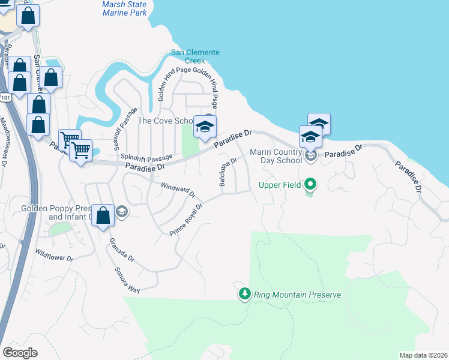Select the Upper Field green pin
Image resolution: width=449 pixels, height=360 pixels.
point(310,183)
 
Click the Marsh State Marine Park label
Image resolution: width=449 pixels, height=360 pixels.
point(124,8)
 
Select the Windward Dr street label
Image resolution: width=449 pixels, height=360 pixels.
point(179,191)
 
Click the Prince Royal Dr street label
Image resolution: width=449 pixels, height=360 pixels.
point(187,220)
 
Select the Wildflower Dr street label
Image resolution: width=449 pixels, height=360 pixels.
point(54,256)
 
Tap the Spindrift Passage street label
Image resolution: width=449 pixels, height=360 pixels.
point(142,157)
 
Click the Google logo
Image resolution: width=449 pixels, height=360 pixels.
point(20,352)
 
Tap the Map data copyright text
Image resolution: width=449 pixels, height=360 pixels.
point(423,355)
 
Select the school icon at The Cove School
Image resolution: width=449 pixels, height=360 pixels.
point(205,127)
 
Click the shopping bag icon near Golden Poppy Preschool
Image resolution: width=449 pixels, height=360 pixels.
point(103,215)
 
